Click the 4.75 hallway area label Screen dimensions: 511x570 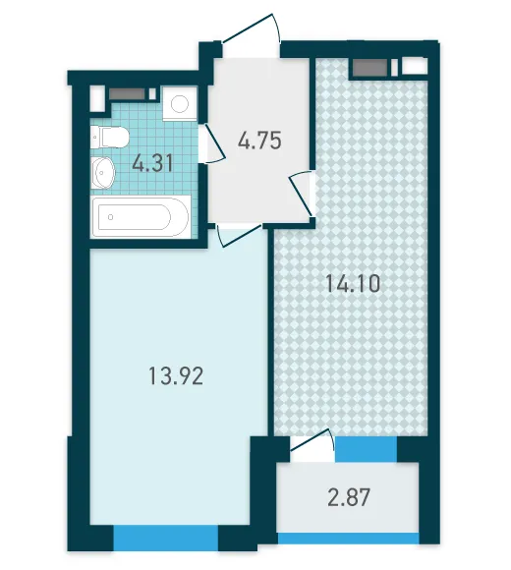tap(259, 141)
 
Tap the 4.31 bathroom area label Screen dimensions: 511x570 tap(152, 163)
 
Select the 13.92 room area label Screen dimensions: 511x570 tap(176, 375)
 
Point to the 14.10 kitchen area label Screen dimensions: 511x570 tap(353, 284)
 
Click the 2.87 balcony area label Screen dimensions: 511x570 tap(349, 497)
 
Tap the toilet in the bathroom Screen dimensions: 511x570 tap(109, 137)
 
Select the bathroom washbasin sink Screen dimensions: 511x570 tap(102, 173)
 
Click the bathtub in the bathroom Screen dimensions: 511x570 tap(141, 216)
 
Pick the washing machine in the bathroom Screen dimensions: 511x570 tap(180, 104)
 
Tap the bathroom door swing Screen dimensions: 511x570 tap(212, 143)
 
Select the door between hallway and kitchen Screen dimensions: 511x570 tap(302, 193)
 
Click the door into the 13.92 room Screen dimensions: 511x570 tap(239, 235)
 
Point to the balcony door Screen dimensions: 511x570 tap(312, 445)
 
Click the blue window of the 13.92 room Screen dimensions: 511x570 tap(166, 538)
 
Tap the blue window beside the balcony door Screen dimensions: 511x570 tap(366, 449)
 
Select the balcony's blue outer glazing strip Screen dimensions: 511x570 tap(348, 539)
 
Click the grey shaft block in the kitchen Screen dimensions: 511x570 tap(369, 68)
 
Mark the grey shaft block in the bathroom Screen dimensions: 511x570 tap(127, 94)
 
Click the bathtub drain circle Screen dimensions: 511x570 tap(110, 217)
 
